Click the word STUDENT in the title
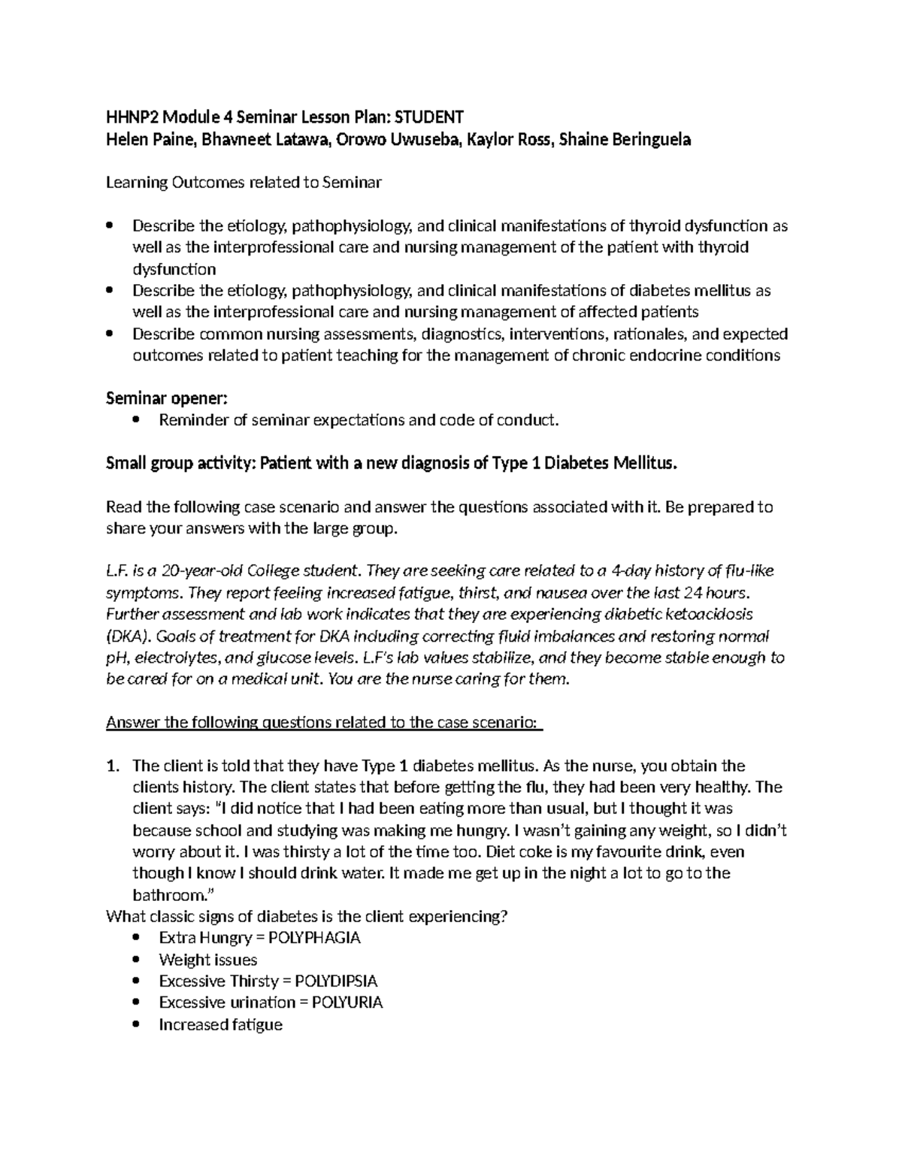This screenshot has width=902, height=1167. pyautogui.click(x=429, y=117)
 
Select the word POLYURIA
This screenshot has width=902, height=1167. pyautogui.click(x=347, y=1002)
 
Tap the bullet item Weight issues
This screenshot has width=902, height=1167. pyautogui.click(x=207, y=960)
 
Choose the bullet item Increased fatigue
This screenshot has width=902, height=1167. pyautogui.click(x=220, y=1024)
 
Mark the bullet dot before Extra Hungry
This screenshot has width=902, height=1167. pyautogui.click(x=135, y=938)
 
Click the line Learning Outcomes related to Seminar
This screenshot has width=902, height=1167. pyautogui.click(x=244, y=183)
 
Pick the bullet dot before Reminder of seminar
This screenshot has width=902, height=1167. pyautogui.click(x=135, y=420)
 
